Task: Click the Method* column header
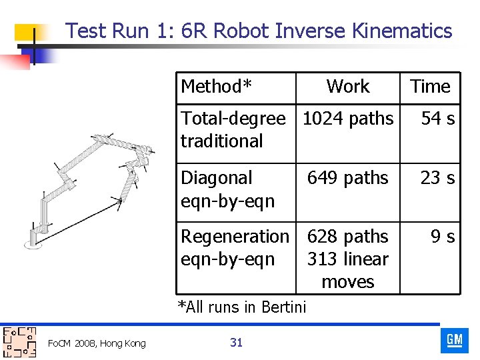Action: (x=217, y=87)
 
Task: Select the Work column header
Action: (x=347, y=87)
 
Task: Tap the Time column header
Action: (x=430, y=87)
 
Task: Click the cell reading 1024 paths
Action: (x=347, y=119)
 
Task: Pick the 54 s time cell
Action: (x=437, y=119)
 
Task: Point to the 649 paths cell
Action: (x=347, y=178)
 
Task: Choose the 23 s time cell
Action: (x=437, y=178)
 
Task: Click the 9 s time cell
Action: (x=442, y=237)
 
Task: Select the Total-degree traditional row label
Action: (x=233, y=130)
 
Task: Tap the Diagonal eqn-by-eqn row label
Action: (x=227, y=189)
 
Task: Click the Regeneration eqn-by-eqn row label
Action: (x=235, y=247)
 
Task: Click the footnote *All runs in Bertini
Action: (x=241, y=307)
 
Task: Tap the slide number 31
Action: (x=236, y=343)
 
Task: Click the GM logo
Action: (x=454, y=341)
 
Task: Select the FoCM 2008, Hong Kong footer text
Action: (x=97, y=343)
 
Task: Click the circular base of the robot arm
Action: (x=33, y=244)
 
